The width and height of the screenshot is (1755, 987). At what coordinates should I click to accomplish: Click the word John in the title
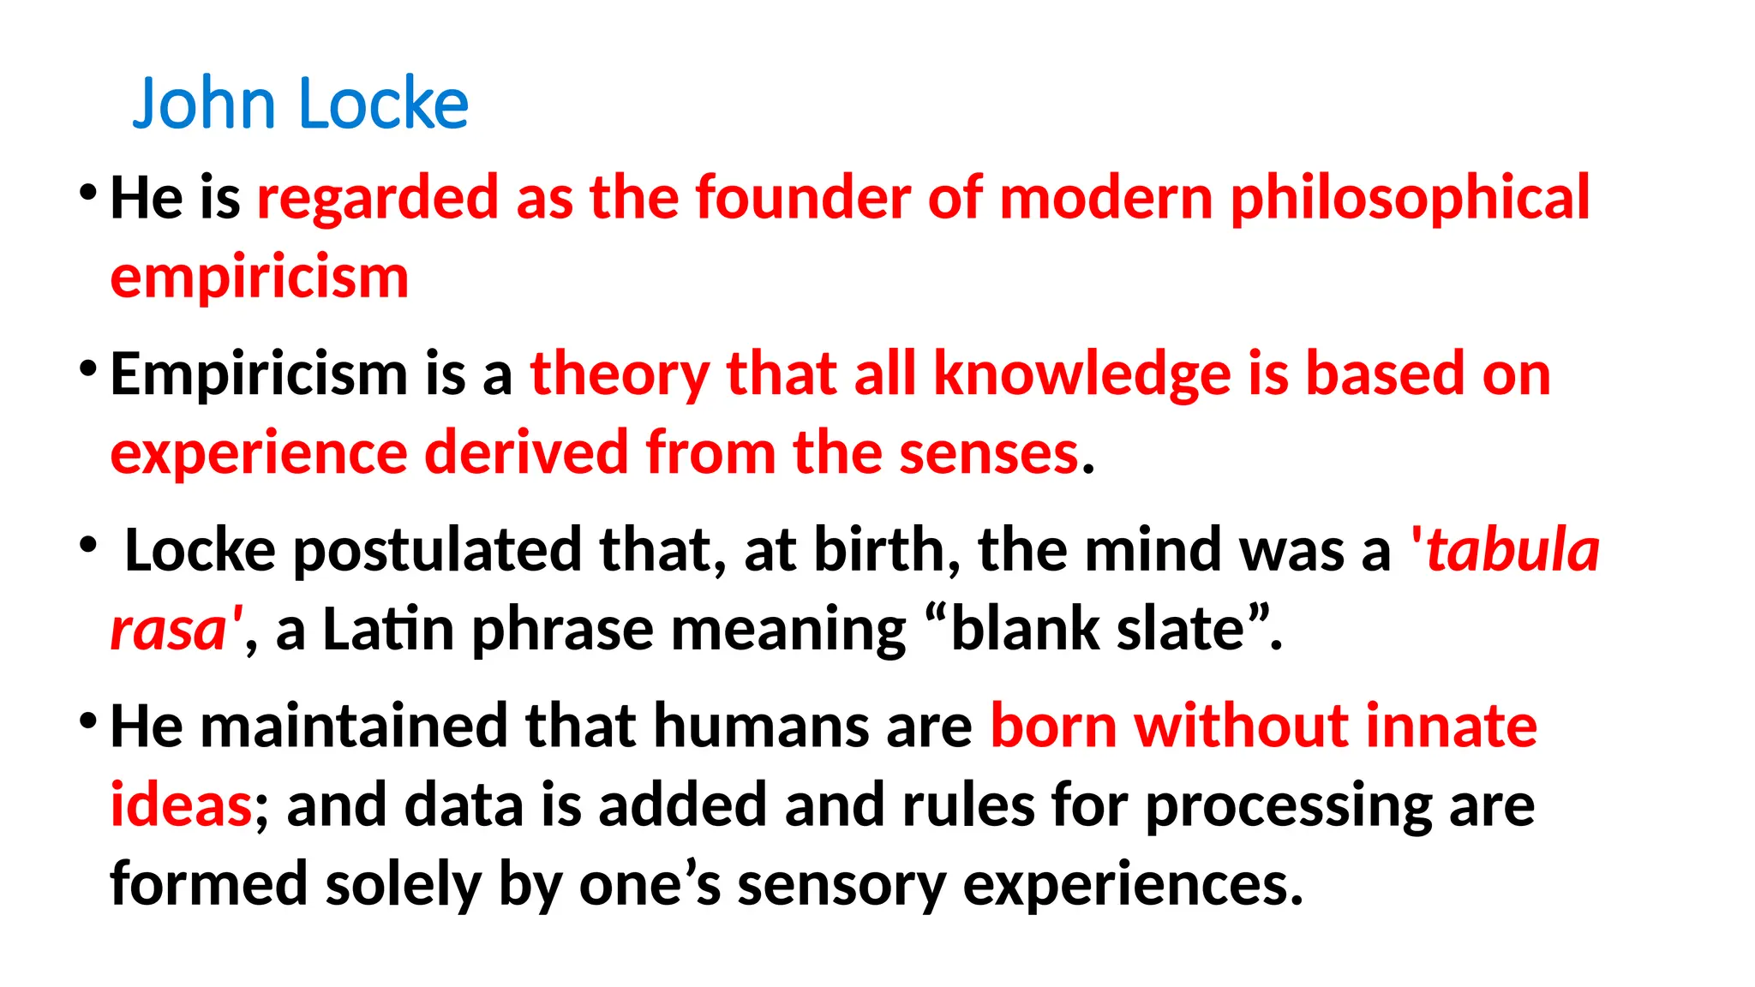[203, 104]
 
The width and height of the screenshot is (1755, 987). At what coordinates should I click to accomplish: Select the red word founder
[802, 198]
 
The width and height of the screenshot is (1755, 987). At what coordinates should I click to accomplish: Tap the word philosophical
[1410, 200]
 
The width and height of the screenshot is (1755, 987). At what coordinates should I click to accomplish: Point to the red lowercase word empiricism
[260, 278]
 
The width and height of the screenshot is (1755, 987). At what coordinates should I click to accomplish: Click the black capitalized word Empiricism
[259, 375]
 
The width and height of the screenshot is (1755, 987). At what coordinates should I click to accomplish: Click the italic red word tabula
[1512, 550]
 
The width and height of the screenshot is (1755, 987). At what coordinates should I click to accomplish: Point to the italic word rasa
[169, 630]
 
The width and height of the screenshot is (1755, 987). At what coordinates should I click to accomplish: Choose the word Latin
[388, 630]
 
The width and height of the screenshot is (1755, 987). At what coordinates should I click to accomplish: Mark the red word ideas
[181, 805]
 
